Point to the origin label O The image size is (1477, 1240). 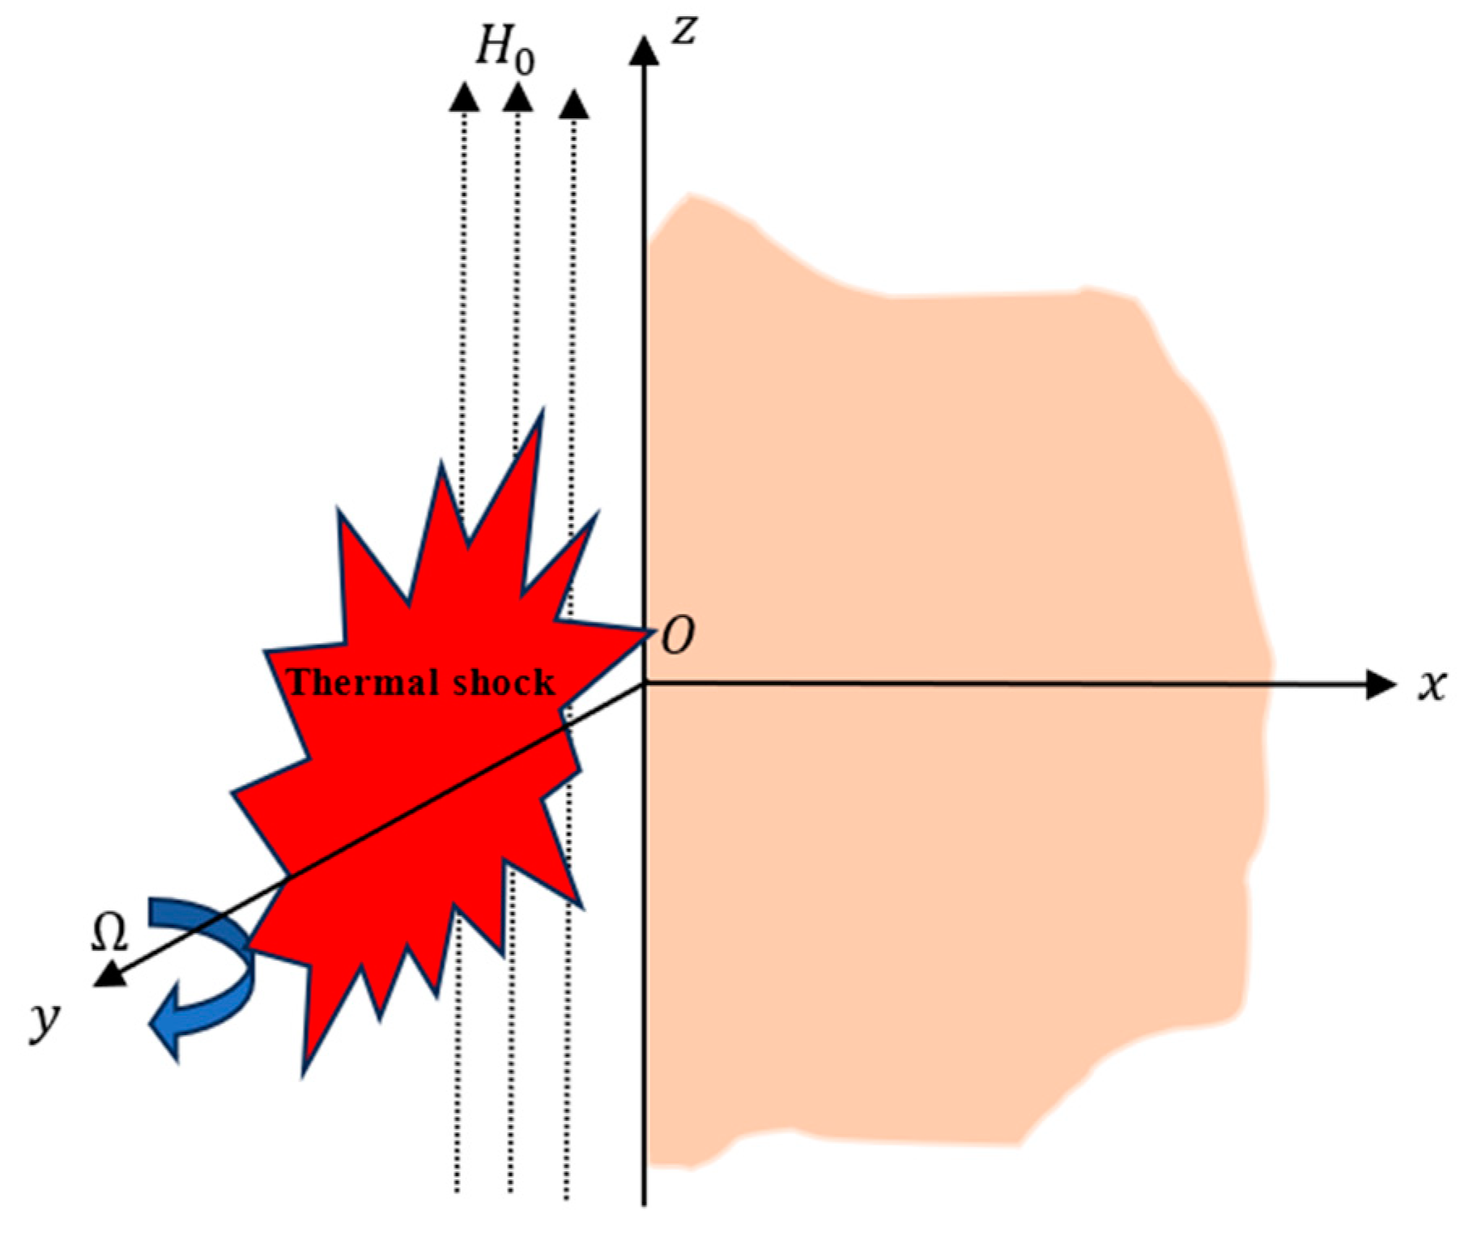(x=678, y=637)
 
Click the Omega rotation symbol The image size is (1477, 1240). (x=109, y=934)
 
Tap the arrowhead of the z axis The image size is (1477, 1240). (x=644, y=50)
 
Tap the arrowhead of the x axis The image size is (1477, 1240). (x=1381, y=685)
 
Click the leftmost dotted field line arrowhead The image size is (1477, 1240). (x=464, y=96)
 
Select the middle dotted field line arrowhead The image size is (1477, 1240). (x=517, y=96)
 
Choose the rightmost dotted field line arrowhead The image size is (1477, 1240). (x=574, y=103)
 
